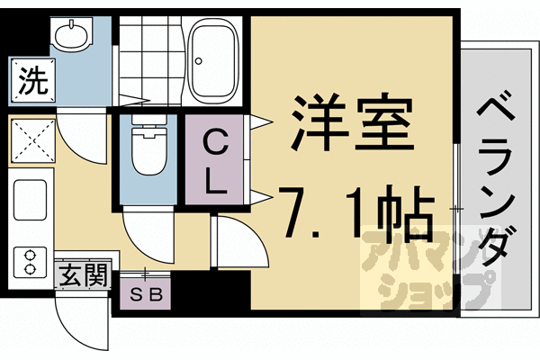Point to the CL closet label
pyautogui.click(x=213, y=162)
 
